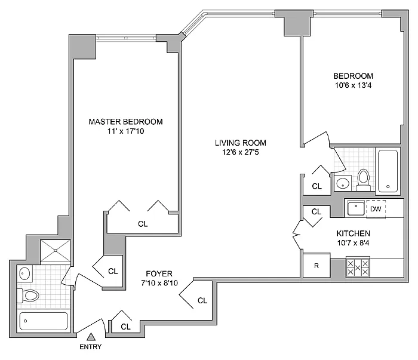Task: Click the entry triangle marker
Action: click(x=91, y=337)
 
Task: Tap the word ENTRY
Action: click(x=91, y=347)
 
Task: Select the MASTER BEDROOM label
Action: click(x=125, y=122)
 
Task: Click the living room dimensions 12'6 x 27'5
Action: click(x=241, y=152)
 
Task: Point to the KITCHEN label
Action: click(x=354, y=233)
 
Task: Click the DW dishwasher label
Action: click(x=376, y=209)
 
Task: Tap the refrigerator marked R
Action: click(x=316, y=266)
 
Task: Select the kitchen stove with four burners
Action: click(x=358, y=267)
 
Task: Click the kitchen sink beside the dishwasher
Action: click(x=356, y=208)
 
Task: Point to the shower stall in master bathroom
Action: click(x=56, y=251)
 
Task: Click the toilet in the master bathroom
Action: click(x=28, y=296)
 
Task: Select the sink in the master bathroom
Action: click(x=24, y=273)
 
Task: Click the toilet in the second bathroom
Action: click(x=363, y=180)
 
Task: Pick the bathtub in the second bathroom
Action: click(x=388, y=171)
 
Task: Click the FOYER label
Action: click(x=159, y=273)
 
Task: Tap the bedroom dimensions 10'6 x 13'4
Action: click(x=354, y=85)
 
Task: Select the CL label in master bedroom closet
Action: click(x=143, y=224)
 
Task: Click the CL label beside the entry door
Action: click(x=125, y=327)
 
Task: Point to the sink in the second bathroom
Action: click(x=343, y=183)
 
